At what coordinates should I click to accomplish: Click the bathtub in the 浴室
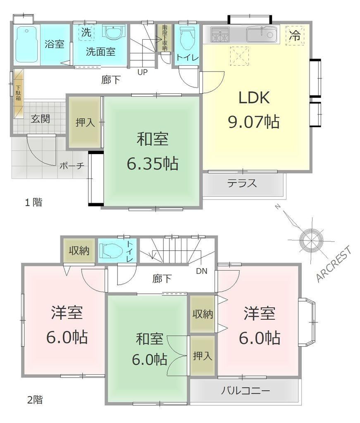click(x=26, y=45)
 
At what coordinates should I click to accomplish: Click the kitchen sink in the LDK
click(x=261, y=35)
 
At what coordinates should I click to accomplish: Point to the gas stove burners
click(x=220, y=35)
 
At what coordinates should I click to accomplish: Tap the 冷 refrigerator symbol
click(x=295, y=36)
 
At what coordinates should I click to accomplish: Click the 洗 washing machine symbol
click(x=86, y=33)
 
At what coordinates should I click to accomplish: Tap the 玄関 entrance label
click(x=40, y=119)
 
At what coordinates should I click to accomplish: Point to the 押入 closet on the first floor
click(x=85, y=122)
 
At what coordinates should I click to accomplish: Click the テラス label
click(x=242, y=183)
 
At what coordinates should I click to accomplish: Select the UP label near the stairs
click(x=143, y=72)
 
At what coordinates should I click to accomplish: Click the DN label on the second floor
click(x=202, y=271)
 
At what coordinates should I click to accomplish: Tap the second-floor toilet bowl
click(x=111, y=251)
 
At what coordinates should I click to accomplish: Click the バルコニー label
click(x=246, y=391)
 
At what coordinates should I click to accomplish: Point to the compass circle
click(x=311, y=240)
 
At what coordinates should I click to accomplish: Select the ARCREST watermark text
click(x=334, y=264)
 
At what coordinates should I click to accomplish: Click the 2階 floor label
click(x=35, y=399)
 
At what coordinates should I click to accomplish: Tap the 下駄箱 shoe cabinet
click(x=18, y=93)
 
